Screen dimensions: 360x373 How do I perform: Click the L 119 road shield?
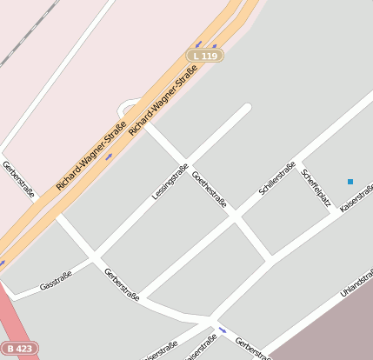(x=205, y=56)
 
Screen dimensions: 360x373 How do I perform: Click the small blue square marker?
(x=350, y=182)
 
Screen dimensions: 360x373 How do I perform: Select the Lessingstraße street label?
(x=170, y=182)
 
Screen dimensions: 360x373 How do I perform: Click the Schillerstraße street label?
(x=277, y=177)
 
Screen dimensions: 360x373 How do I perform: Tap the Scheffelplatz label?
(x=316, y=188)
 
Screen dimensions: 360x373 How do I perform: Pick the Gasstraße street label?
(x=56, y=280)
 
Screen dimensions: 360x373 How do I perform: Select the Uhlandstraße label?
(x=356, y=283)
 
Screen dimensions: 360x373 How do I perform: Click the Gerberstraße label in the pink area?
(x=18, y=179)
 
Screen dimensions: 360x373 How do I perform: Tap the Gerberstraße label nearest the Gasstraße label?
(x=121, y=283)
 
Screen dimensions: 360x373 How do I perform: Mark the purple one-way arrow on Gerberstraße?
(x=223, y=330)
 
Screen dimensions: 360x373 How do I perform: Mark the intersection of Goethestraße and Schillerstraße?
(x=235, y=217)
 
